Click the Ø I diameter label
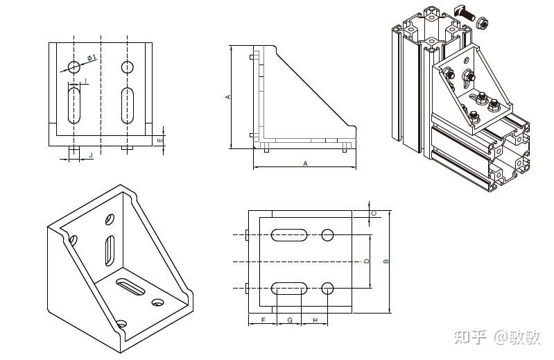91,58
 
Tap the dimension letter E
159,140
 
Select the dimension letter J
91,156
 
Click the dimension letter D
366,261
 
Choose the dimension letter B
386,262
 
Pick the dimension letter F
263,320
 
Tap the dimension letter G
290,320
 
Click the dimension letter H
315,320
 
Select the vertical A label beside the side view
227,97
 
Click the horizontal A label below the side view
305,163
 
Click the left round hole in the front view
74,67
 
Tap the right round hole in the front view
127,67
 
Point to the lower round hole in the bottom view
328,287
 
